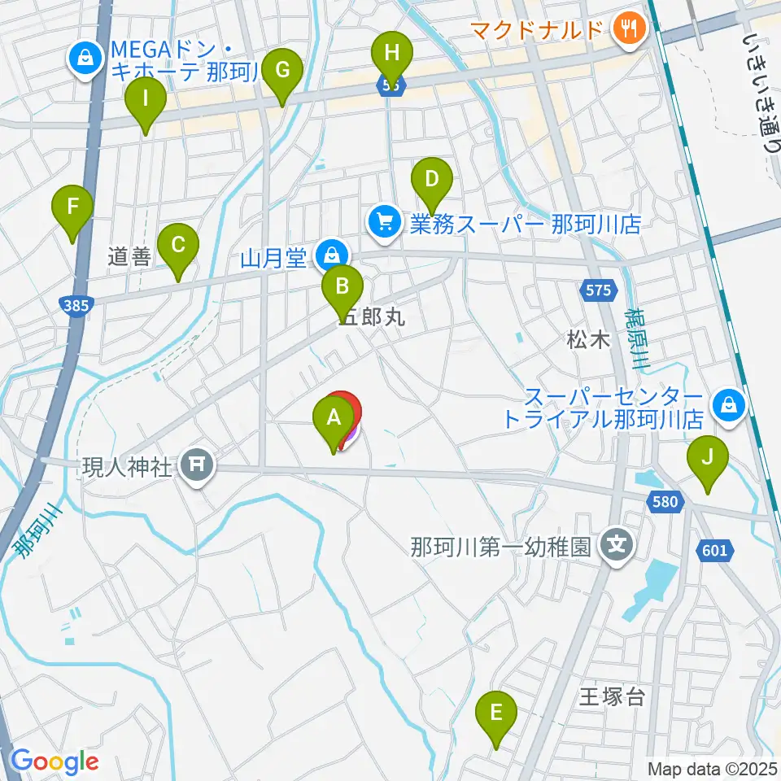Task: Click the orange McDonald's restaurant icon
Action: tap(629, 30)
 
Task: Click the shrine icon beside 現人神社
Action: tap(198, 466)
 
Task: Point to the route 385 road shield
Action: tap(77, 305)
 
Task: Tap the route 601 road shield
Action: tap(713, 551)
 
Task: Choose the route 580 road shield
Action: tap(665, 503)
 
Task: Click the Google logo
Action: tap(55, 761)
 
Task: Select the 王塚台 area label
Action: tap(611, 696)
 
